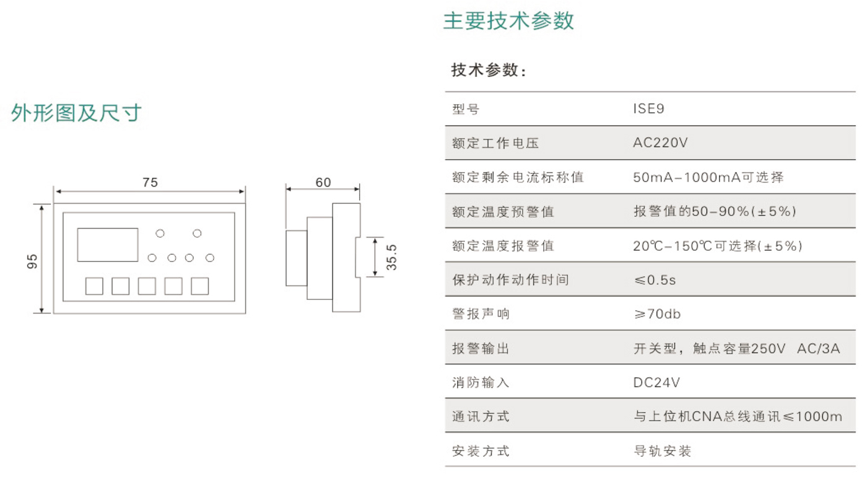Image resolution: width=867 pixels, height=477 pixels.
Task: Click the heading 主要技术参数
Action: click(508, 21)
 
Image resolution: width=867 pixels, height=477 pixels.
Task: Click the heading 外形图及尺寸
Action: click(77, 113)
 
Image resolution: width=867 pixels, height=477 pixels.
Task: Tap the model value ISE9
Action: click(648, 109)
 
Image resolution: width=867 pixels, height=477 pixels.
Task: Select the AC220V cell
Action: click(660, 143)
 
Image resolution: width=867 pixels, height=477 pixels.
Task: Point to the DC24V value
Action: click(656, 382)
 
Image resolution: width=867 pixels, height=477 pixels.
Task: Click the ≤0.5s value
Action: click(655, 280)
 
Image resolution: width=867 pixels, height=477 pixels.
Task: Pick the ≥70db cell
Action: click(656, 314)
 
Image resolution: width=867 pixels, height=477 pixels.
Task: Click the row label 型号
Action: click(466, 110)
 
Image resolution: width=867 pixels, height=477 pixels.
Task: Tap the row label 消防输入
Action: click(481, 382)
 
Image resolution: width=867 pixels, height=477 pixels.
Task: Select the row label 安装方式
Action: click(481, 451)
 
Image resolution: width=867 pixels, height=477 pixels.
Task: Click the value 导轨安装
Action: click(662, 451)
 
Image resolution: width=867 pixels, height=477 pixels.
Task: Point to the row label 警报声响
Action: click(481, 314)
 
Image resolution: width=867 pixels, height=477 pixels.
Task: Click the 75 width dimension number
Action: click(150, 182)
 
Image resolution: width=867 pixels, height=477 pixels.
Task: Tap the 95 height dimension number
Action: click(33, 260)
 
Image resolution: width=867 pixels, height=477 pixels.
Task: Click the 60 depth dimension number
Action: click(323, 182)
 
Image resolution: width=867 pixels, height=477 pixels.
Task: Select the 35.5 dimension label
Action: click(391, 257)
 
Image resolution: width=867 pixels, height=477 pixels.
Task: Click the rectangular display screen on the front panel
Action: click(107, 245)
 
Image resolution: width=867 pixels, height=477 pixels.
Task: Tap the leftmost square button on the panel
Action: click(94, 286)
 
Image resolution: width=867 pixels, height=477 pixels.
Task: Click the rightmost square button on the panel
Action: click(199, 286)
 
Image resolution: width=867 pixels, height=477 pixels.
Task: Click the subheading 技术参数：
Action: click(489, 71)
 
